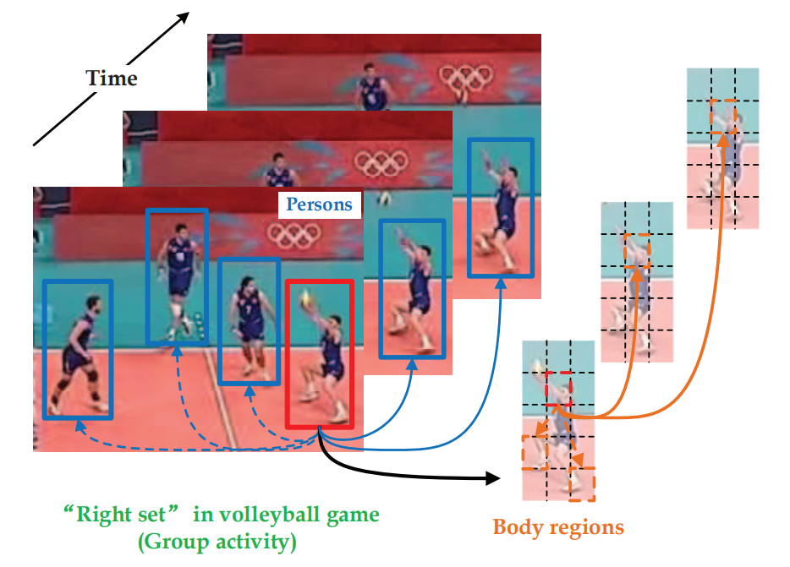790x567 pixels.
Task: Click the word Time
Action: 111,79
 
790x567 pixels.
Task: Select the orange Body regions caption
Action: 558,528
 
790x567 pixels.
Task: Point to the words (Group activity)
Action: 218,541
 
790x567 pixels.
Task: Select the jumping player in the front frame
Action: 178,270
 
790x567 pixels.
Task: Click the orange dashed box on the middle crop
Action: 637,251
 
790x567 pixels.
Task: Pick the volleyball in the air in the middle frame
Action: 386,199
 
